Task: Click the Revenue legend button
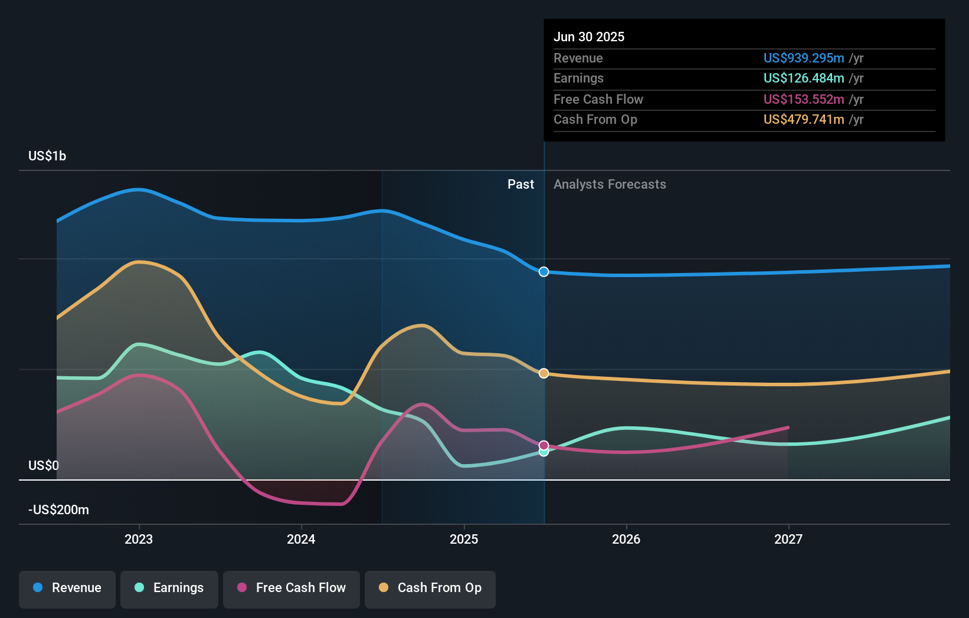tap(67, 588)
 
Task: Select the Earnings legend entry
tap(169, 588)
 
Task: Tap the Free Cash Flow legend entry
tap(292, 588)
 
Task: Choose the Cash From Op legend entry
tap(430, 588)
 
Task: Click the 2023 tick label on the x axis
tap(139, 539)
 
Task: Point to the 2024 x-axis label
tap(301, 539)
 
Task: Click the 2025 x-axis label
tap(464, 539)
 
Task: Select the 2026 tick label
tap(626, 539)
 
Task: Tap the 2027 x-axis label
tap(788, 539)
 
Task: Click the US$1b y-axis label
tap(47, 156)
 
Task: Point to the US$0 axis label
tap(44, 465)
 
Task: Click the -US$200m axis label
tap(58, 509)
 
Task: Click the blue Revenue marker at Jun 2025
tap(544, 272)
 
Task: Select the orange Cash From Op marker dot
tap(544, 373)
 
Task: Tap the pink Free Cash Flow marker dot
tap(544, 445)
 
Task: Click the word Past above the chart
tap(520, 185)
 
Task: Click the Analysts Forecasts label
tap(610, 185)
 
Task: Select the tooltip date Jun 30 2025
tap(589, 37)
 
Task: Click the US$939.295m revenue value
tap(804, 58)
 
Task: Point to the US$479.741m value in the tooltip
tap(804, 119)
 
